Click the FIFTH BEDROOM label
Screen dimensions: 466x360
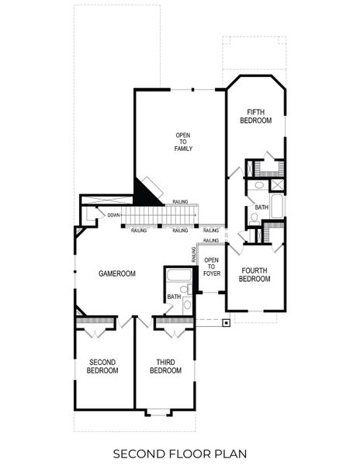click(255, 116)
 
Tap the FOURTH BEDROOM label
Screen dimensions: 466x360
click(254, 276)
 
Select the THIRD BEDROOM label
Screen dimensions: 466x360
click(164, 366)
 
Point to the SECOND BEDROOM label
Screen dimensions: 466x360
click(102, 366)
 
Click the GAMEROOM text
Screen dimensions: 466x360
click(116, 274)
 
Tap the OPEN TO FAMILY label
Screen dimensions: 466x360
click(183, 142)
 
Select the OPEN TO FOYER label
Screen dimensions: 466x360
click(211, 266)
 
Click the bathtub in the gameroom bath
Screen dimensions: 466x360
click(178, 276)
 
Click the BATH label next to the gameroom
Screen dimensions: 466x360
click(173, 297)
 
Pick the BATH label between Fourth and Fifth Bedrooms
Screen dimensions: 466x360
click(261, 207)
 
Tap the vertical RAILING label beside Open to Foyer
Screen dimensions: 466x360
click(193, 254)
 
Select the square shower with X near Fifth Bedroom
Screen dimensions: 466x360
click(277, 186)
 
